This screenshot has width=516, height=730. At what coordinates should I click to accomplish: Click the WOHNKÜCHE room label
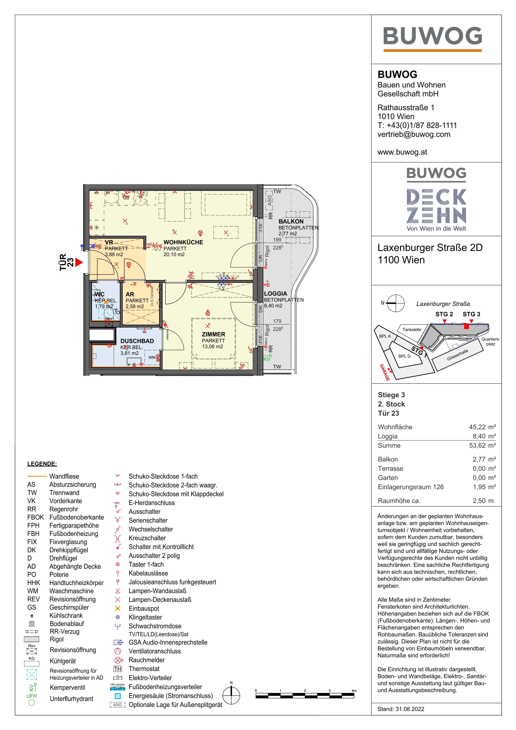coord(183,242)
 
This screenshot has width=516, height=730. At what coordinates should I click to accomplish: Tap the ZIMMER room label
coord(213,334)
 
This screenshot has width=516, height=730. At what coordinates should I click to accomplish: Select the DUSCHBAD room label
coord(137,341)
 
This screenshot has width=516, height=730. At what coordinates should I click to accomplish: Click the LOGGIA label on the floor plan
coord(275,293)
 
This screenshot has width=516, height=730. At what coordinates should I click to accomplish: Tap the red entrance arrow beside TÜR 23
coord(79,262)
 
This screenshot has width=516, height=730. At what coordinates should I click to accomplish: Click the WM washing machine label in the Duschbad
coord(152,357)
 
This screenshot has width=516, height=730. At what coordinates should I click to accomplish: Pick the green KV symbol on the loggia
coord(267,359)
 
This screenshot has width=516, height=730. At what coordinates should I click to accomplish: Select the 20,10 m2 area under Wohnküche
coord(174,254)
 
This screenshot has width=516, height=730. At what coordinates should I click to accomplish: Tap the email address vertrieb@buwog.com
coord(414,134)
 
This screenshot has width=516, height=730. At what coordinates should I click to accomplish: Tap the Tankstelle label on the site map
coord(412,329)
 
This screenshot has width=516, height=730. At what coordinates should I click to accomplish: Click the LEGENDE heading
coord(42,464)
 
